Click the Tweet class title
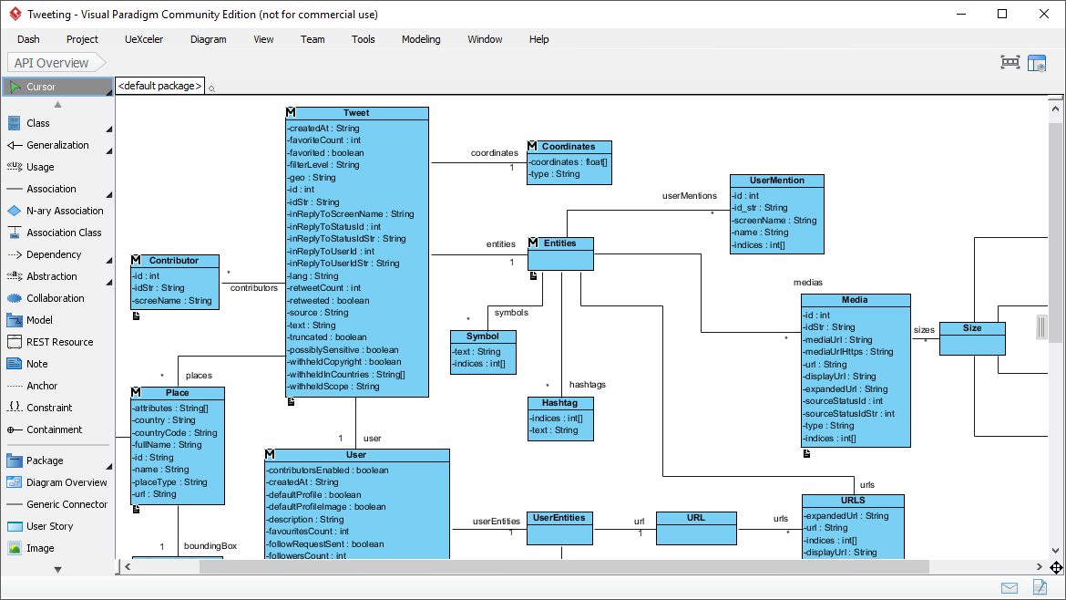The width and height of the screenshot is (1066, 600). coord(356,113)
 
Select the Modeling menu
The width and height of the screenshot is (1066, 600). coord(421,39)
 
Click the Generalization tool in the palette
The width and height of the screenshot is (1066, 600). coord(57,145)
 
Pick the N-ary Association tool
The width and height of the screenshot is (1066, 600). coord(65,211)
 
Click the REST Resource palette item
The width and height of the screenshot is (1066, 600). coord(59,342)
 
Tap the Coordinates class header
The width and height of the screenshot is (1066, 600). coord(569,146)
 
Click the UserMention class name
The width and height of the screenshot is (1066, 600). coord(776,181)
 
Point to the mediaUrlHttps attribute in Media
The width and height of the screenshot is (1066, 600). coord(848,352)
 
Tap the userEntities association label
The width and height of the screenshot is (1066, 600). coord(496,522)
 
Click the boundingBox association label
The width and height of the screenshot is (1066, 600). coord(210,546)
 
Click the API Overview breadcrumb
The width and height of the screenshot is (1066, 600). coord(52,63)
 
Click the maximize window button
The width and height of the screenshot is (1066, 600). coord(1002,14)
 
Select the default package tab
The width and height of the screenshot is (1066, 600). coord(159,86)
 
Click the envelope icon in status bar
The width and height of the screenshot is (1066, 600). coord(1010,587)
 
